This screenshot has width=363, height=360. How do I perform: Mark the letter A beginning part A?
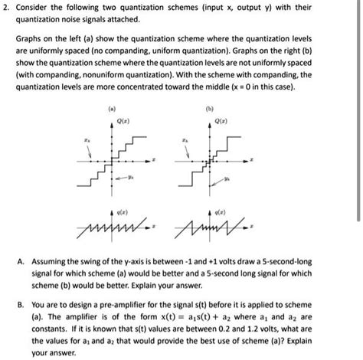pyautogui.click(x=20, y=260)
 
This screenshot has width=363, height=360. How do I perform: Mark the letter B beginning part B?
pyautogui.click(x=20, y=300)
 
